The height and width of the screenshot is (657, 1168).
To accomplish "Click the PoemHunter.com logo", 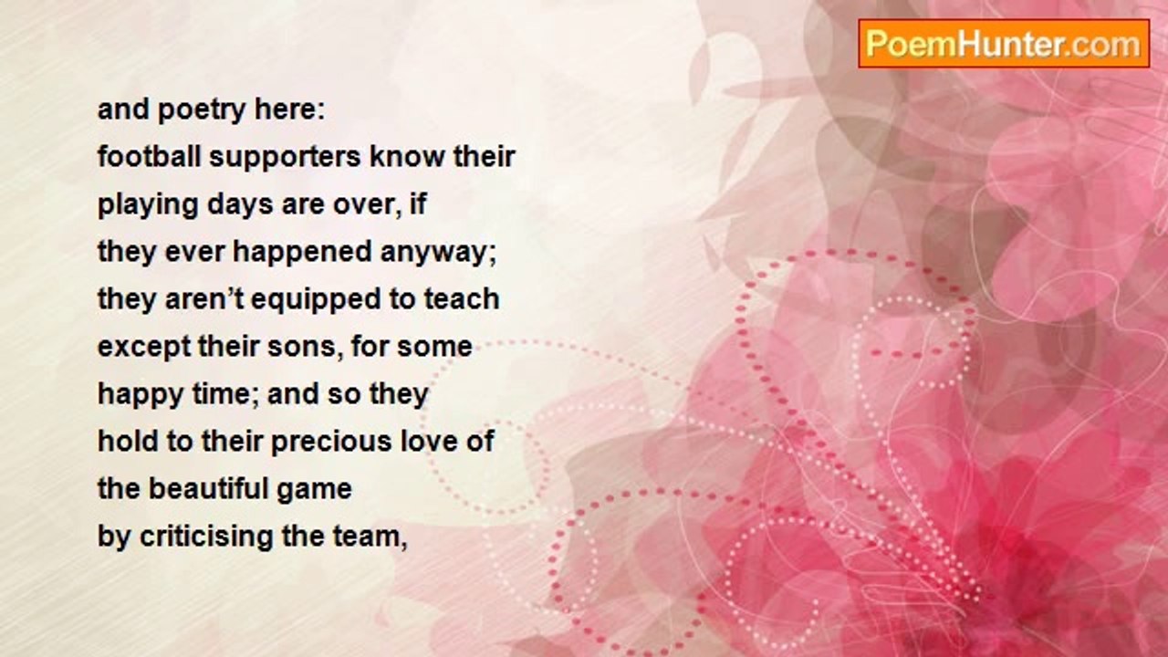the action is pos(1004,44).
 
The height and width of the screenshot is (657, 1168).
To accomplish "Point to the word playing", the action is pos(148,205).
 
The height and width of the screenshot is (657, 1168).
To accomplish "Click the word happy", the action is pos(141,396).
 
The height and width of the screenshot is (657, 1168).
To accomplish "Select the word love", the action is pos(426,441).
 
